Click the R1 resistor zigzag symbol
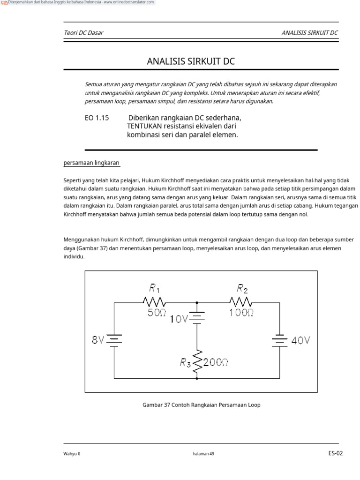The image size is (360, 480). (x=153, y=301)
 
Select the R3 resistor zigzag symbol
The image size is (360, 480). (x=197, y=360)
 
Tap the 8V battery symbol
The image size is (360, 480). (x=114, y=339)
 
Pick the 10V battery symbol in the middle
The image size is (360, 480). (x=197, y=318)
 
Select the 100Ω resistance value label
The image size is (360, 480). (x=241, y=313)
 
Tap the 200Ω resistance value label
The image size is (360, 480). (x=216, y=361)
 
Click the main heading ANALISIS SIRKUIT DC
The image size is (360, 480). (x=191, y=61)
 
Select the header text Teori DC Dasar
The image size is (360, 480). (x=83, y=33)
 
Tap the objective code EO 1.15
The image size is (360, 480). (x=97, y=118)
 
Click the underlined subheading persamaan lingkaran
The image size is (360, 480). (x=91, y=163)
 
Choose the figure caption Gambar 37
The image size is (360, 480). (x=201, y=405)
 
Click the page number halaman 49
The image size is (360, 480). (x=203, y=454)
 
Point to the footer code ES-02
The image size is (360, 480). (x=336, y=453)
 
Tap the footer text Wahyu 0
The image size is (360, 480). (x=72, y=454)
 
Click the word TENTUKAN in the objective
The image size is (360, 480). (x=144, y=127)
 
